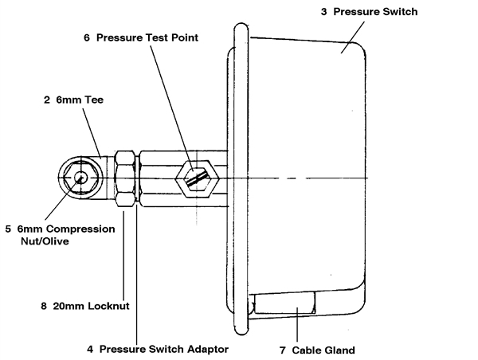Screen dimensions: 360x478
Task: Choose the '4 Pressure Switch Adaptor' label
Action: click(x=158, y=349)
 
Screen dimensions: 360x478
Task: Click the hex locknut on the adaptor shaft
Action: click(x=126, y=178)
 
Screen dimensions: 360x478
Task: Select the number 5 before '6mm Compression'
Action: click(x=7, y=229)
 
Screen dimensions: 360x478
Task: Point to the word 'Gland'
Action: click(x=338, y=350)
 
